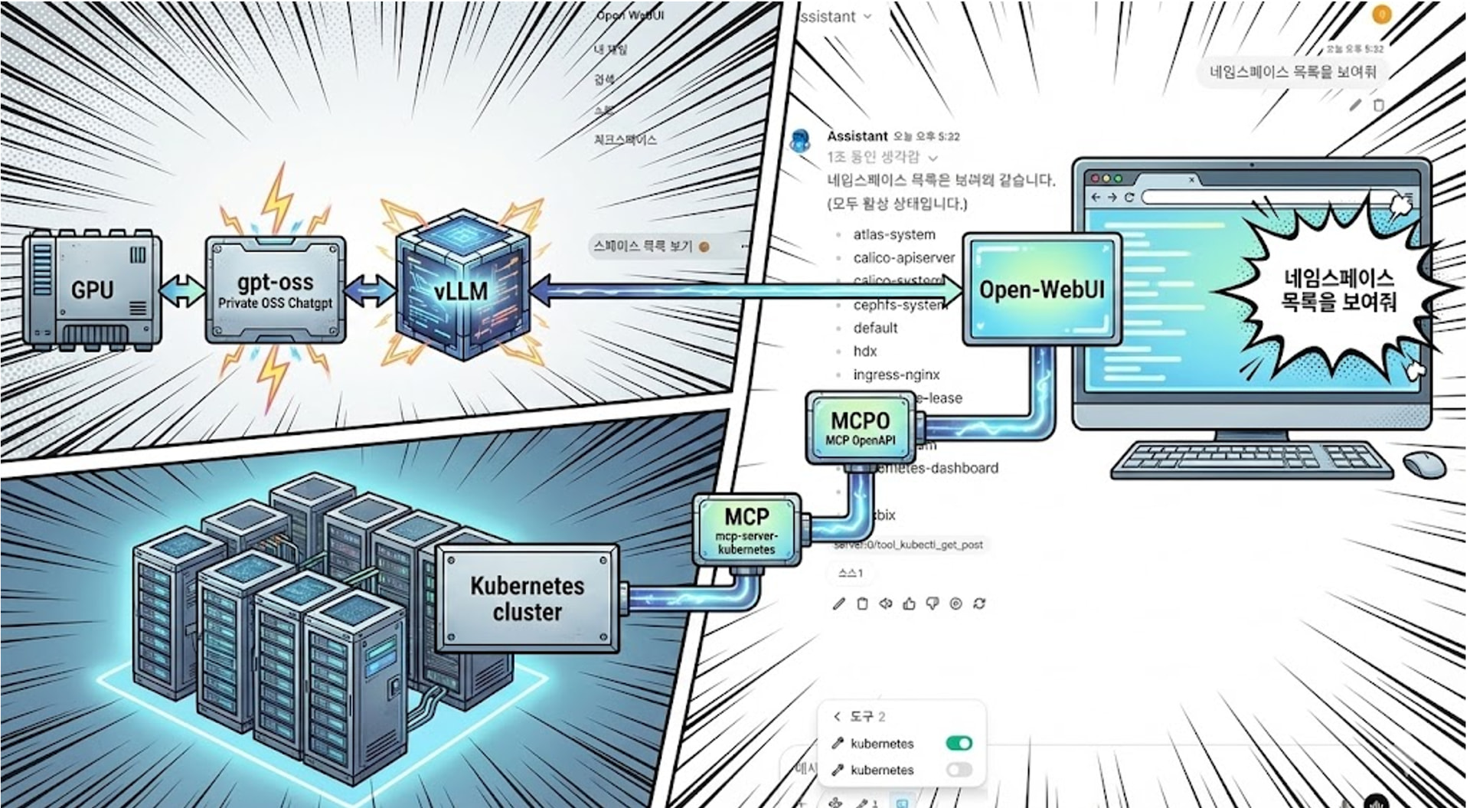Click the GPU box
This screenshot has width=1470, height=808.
pos(92,290)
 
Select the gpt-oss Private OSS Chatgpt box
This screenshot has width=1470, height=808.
pos(275,290)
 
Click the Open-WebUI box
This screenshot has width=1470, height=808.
pos(1041,290)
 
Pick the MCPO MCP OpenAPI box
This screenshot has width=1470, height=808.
pos(861,427)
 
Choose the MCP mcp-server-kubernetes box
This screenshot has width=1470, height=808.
pos(746,528)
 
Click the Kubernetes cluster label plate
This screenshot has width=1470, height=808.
pos(527,598)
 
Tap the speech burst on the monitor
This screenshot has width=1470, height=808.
pos(1338,291)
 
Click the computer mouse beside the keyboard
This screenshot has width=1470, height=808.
pos(1424,464)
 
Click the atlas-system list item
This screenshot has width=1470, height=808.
pos(894,234)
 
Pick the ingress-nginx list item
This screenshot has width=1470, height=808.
pos(896,375)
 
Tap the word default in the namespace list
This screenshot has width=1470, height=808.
pos(875,328)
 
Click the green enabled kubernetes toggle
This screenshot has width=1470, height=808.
pos(959,743)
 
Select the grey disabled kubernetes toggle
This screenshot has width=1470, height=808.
pos(959,770)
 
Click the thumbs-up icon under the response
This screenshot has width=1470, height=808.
pos(909,604)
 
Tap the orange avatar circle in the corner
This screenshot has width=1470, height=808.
pos(1381,15)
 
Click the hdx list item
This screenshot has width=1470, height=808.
pos(865,351)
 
